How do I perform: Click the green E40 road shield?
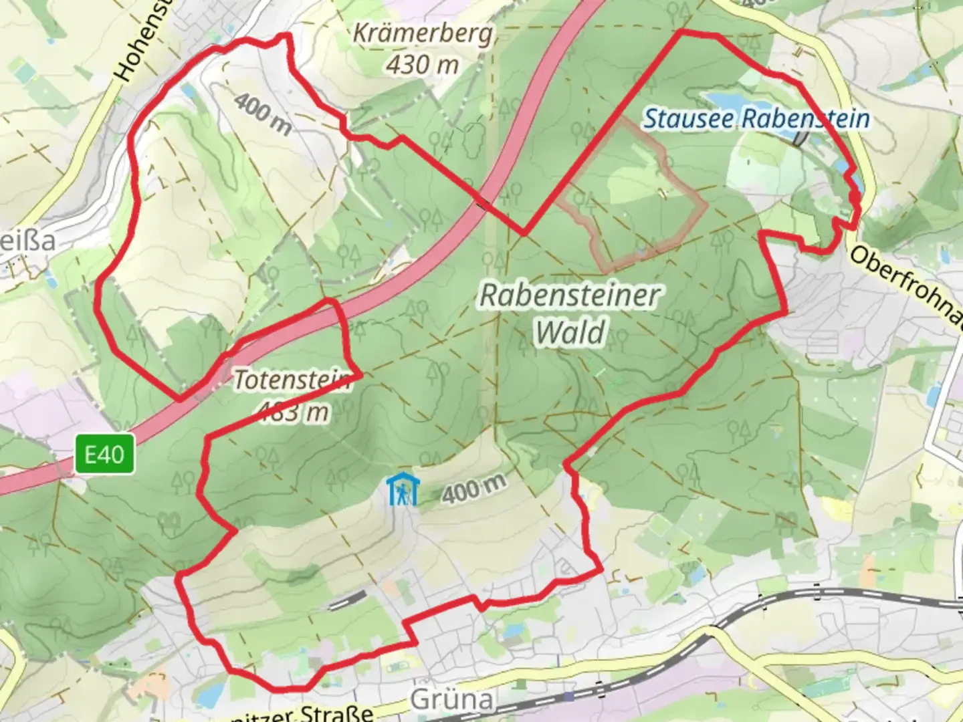(104, 455)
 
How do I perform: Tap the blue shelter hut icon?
(402, 490)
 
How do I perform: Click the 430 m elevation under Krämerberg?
(423, 65)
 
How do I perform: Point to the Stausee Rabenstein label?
(756, 119)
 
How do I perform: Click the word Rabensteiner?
(570, 295)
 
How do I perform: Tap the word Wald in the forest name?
(571, 332)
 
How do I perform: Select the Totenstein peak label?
(292, 380)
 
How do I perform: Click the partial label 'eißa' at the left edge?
(27, 241)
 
